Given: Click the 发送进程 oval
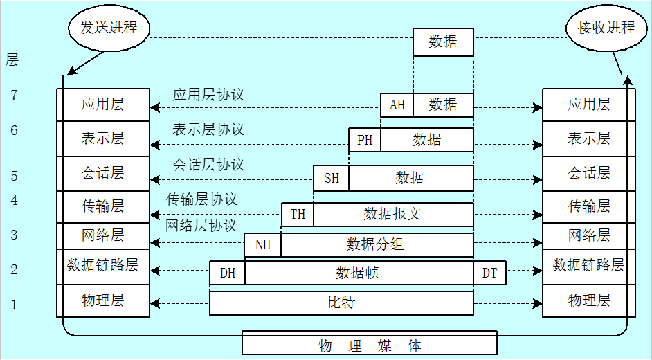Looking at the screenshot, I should [x=107, y=28].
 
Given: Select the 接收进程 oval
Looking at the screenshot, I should [x=606, y=28].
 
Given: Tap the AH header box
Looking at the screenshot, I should [x=397, y=105].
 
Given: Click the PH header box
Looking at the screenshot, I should [x=365, y=141].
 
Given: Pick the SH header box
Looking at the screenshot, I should [x=332, y=178].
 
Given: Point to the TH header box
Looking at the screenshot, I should [x=298, y=214].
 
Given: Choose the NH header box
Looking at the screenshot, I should [x=263, y=244].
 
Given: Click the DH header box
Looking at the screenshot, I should [x=228, y=273].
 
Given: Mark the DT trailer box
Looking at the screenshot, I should [x=489, y=273].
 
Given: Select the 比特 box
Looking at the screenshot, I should [x=342, y=303].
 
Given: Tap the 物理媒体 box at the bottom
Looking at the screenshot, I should [x=370, y=345].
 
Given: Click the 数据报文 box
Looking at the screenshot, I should [x=392, y=214].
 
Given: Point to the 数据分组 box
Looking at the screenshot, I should [x=376, y=244].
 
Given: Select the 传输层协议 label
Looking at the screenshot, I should [x=201, y=199].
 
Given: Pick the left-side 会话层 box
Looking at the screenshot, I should [x=103, y=172].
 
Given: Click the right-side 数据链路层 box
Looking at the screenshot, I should [x=588, y=264].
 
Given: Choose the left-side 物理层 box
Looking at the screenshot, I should [x=103, y=300].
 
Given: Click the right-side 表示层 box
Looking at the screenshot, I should [x=588, y=138].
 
